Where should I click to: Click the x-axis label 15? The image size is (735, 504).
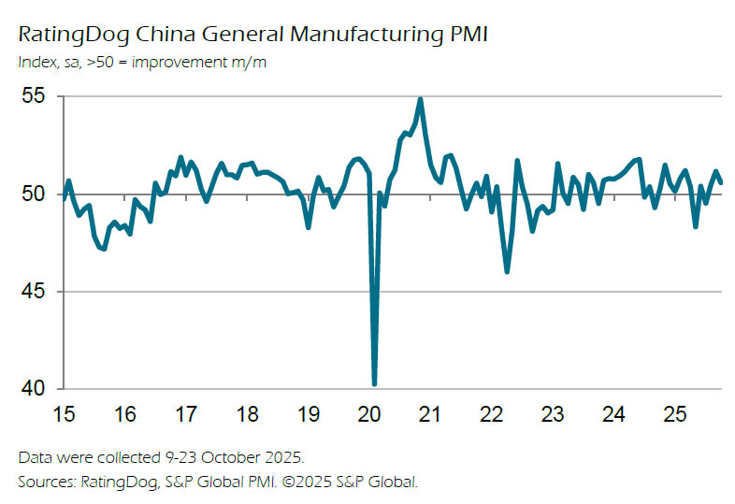(x=65, y=413)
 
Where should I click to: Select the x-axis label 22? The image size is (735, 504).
(x=491, y=413)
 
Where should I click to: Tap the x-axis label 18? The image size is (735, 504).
(x=247, y=413)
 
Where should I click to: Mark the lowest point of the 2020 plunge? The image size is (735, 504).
(x=374, y=383)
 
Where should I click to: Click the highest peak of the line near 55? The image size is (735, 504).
(x=421, y=98)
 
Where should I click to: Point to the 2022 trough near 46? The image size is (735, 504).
(x=507, y=271)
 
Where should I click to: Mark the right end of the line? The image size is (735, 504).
(x=721, y=182)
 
